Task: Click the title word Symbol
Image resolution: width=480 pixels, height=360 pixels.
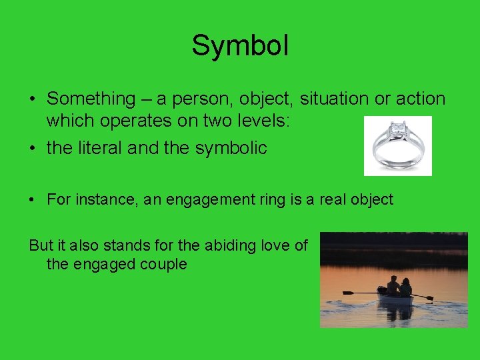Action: (x=240, y=46)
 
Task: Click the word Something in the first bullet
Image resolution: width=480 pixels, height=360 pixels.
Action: (x=91, y=99)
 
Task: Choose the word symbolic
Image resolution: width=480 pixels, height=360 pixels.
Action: (x=231, y=148)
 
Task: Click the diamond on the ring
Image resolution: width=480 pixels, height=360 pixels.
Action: (x=399, y=127)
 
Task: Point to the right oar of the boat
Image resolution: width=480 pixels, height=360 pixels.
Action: (x=423, y=296)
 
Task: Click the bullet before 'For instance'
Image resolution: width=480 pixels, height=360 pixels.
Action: (x=33, y=200)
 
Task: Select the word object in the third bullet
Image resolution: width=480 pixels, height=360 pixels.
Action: (x=370, y=199)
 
